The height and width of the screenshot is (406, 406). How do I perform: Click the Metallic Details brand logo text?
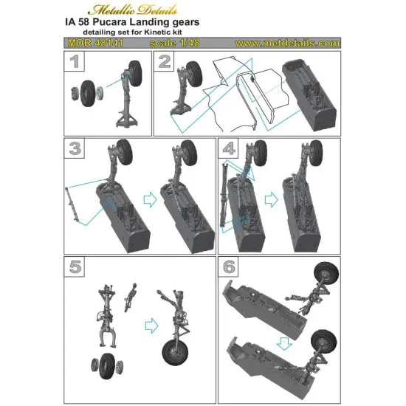[x=202, y=9]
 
